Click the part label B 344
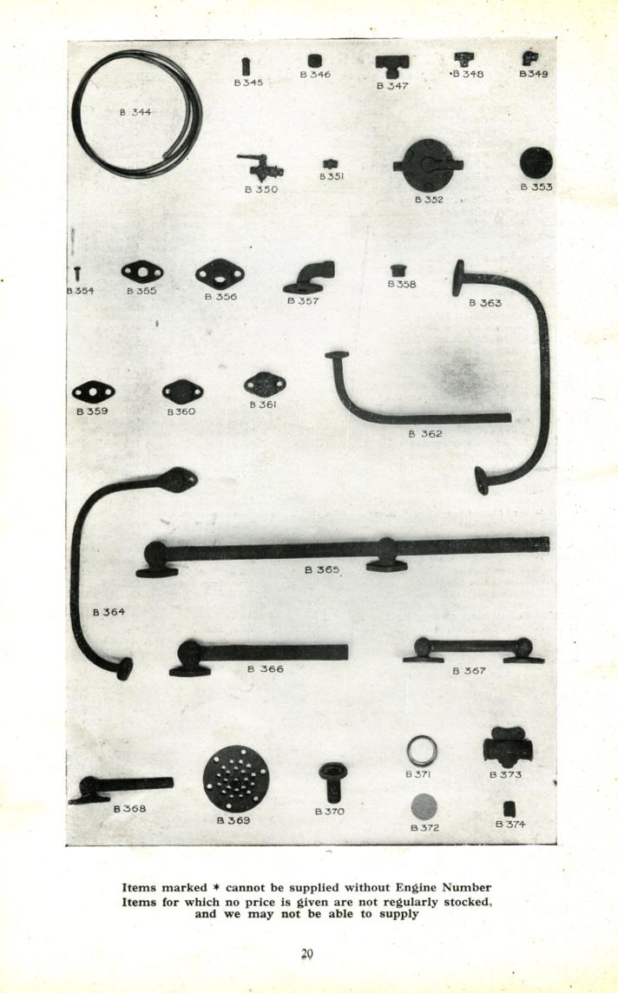(135, 112)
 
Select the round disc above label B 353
(536, 163)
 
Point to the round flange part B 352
(429, 165)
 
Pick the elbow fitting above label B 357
(310, 278)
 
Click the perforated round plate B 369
(236, 779)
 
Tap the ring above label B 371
(422, 751)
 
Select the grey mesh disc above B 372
(424, 807)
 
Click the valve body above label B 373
(508, 747)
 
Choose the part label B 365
(322, 569)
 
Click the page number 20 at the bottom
(308, 954)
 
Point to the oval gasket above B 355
(141, 273)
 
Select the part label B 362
(425, 434)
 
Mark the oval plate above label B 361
(265, 385)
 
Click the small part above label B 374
(510, 809)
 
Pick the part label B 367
(470, 671)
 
